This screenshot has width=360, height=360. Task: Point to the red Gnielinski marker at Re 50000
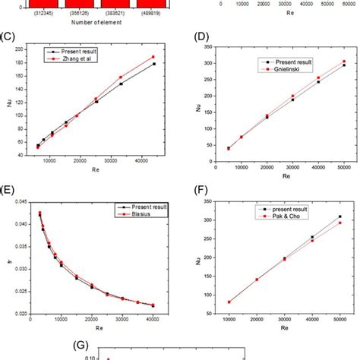click(x=343, y=62)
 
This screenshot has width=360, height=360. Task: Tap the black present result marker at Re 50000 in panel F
click(x=339, y=216)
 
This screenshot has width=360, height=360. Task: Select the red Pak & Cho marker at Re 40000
click(x=312, y=241)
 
